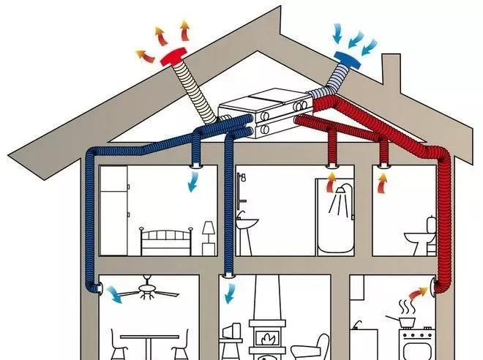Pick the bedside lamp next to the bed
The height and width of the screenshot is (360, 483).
tap(209, 236)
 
